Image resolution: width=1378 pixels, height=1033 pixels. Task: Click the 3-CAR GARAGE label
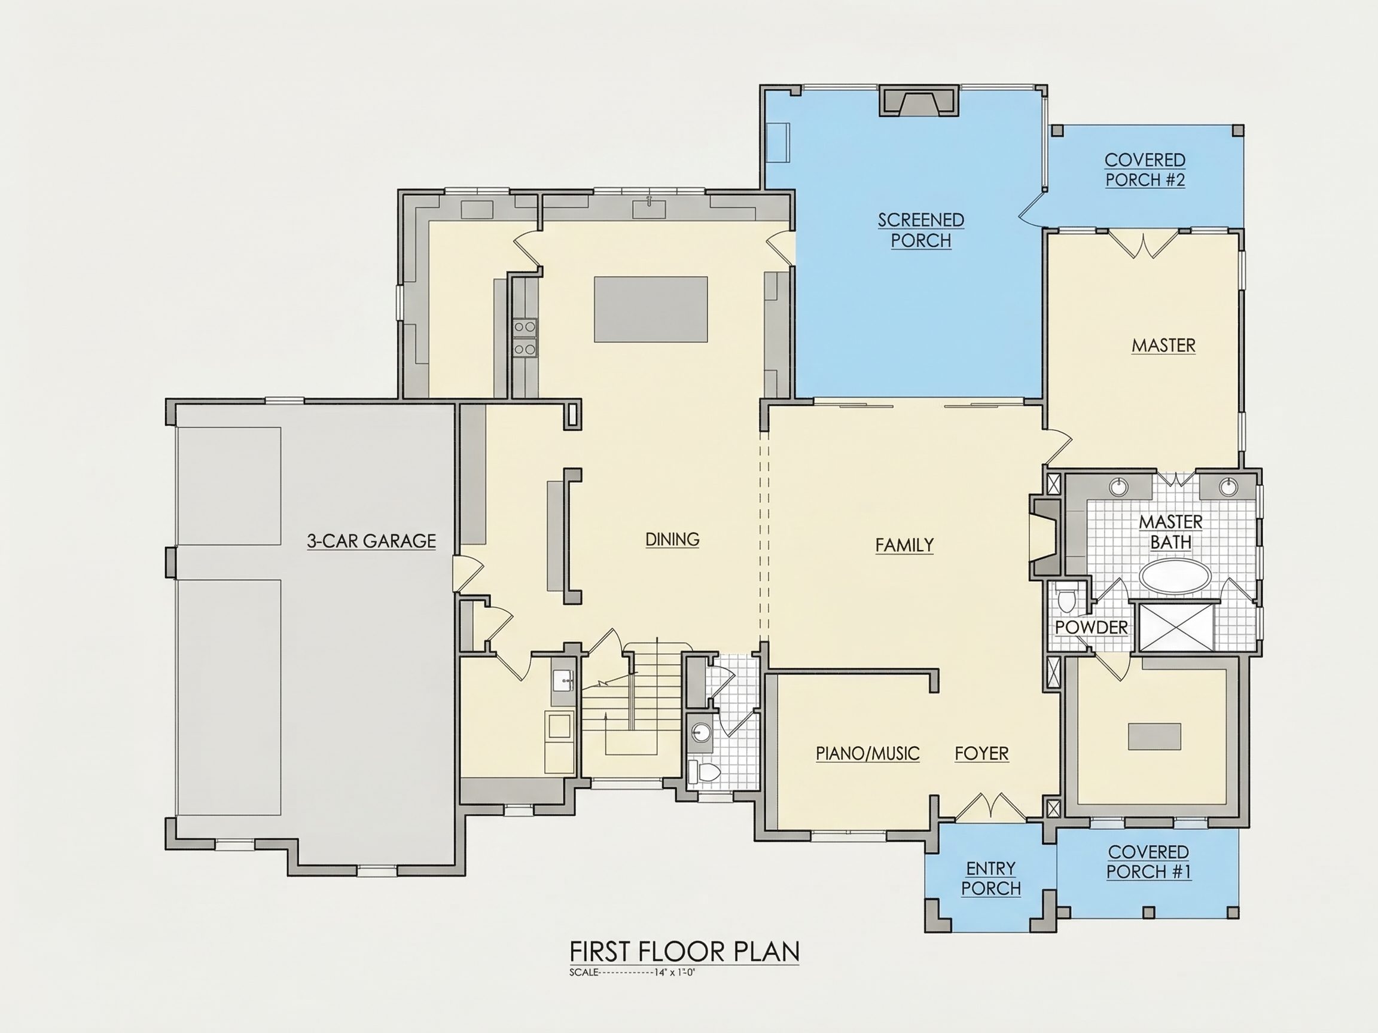[371, 541]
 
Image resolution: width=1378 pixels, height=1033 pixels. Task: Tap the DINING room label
[672, 539]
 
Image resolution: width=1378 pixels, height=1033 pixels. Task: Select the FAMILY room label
[904, 545]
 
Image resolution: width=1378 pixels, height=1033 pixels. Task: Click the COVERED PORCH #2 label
[1145, 170]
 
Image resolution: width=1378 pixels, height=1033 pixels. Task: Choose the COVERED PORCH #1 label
[1149, 862]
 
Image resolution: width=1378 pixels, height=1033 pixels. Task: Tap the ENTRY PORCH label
[991, 878]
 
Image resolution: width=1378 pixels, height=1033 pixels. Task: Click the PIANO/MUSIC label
[868, 754]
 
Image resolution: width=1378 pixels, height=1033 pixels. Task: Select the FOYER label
[982, 754]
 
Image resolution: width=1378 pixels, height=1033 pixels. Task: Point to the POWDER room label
[1092, 628]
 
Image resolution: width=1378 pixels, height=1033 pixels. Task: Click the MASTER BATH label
[1171, 533]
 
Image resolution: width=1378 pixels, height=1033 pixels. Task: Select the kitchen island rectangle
[650, 310]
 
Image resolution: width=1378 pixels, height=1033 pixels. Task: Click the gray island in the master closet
[1154, 736]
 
